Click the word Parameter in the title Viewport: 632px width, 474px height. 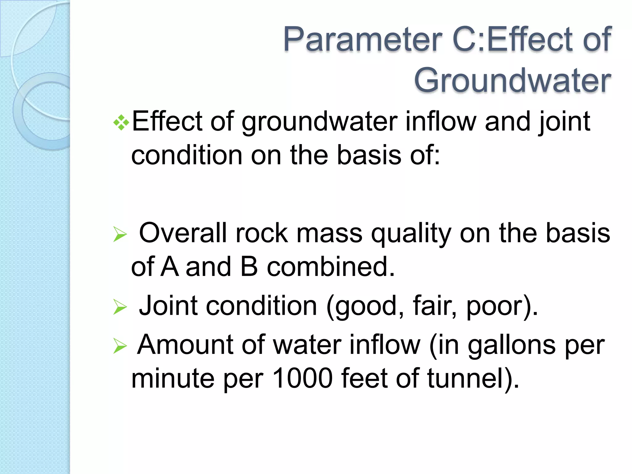tap(363, 39)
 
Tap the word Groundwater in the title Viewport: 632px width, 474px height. tap(512, 81)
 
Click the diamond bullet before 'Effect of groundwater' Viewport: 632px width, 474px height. tap(121, 122)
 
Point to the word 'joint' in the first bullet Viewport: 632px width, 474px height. tap(564, 122)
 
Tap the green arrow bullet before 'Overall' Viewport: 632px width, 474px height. tap(120, 235)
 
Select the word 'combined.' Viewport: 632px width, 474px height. tap(331, 267)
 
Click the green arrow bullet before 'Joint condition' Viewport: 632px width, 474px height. tap(120, 307)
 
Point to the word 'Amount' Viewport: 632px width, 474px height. tap(185, 345)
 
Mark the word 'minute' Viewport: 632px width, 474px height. tap(173, 379)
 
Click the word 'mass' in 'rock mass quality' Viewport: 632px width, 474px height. tap(329, 234)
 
